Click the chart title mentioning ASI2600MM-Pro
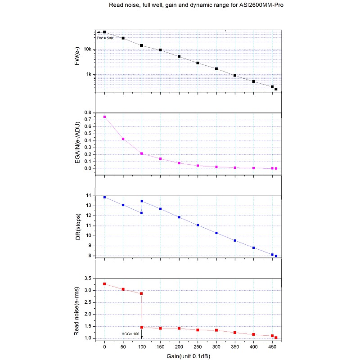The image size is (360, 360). [196, 5]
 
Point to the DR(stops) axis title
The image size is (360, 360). [78, 225]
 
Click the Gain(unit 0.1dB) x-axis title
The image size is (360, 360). [189, 356]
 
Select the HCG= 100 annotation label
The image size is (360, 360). [130, 333]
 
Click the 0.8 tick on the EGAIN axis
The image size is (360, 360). [88, 112]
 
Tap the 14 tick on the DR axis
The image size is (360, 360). [89, 196]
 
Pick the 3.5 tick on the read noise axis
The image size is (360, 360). [88, 279]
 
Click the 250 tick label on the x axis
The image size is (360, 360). [198, 347]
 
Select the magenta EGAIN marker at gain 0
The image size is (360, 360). [104, 117]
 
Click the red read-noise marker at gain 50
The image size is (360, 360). [123, 289]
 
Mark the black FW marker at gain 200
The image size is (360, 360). [179, 57]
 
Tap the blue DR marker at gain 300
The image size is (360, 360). [216, 233]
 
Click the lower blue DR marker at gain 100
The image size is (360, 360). [141, 213]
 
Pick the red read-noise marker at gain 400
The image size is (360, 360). [254, 334]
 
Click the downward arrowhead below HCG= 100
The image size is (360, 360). [142, 338]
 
